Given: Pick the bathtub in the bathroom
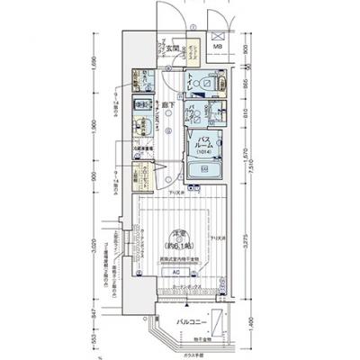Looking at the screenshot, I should pos(206,168).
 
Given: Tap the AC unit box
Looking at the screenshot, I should pos(176,271).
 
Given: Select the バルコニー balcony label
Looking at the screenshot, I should pos(194,319).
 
